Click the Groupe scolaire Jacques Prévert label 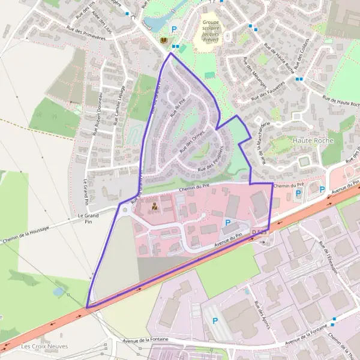click(x=211, y=32)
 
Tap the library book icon click(x=164, y=40)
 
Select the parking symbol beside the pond click(x=175, y=29)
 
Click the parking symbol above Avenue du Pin click(x=227, y=223)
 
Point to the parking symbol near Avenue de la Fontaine click(x=215, y=321)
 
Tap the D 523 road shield click(x=259, y=231)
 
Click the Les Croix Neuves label click(x=44, y=346)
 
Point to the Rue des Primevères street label click(x=87, y=36)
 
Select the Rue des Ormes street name click(x=193, y=139)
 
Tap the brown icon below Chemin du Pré click(x=155, y=208)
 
